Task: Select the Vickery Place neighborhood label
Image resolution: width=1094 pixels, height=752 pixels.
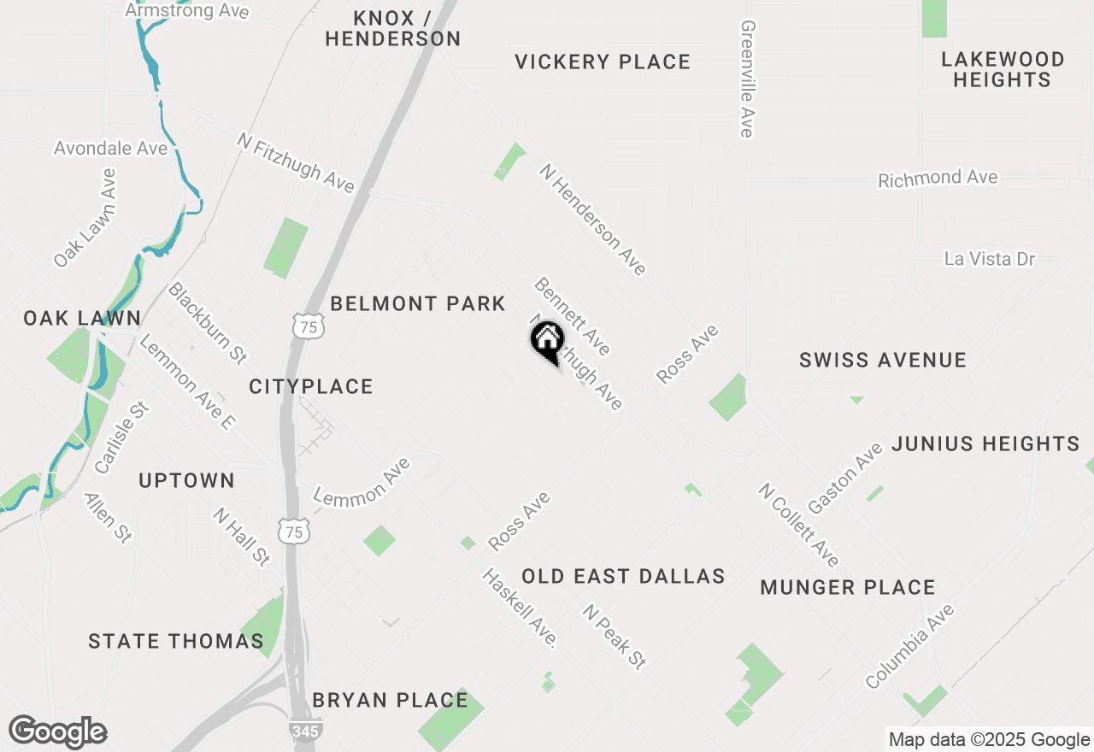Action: coord(603,62)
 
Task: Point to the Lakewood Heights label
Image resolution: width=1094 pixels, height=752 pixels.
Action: coord(1002,69)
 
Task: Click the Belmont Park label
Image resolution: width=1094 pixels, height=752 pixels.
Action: coord(418,303)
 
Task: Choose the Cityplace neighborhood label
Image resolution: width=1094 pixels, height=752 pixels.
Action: coord(311,386)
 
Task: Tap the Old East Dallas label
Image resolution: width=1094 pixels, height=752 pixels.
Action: coord(623,576)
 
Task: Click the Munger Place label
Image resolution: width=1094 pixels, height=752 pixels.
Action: coord(847,587)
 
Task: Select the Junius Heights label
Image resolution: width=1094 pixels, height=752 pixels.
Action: coord(985,444)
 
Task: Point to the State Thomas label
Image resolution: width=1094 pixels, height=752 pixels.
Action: coord(176,641)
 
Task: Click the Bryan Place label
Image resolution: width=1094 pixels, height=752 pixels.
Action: coord(390,700)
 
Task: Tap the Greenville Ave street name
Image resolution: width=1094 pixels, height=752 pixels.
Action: coord(747,79)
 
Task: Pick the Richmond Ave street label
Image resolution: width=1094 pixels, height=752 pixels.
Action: coord(938,179)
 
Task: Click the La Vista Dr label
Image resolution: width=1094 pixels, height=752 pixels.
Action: coord(990,258)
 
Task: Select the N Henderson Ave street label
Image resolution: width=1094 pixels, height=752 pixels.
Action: coord(592,220)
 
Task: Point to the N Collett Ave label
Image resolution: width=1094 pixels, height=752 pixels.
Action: coord(799,525)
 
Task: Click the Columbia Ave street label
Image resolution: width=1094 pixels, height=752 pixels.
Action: coord(909,647)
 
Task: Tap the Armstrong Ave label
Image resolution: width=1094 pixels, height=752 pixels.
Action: coord(187,11)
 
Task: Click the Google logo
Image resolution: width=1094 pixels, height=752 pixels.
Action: coord(58,732)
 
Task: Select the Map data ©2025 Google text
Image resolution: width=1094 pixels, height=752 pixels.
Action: coord(989,740)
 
